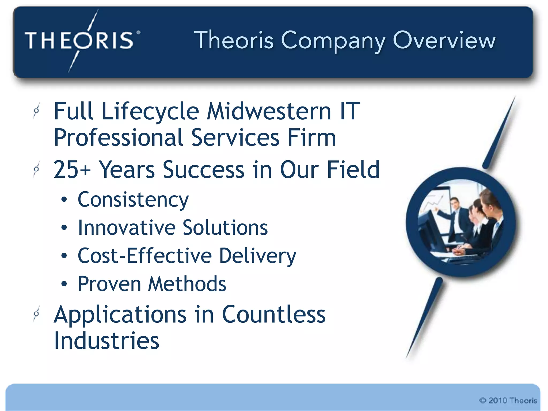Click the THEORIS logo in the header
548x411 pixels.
point(80,40)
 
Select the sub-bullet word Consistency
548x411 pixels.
point(133,200)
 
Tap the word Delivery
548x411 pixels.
point(258,256)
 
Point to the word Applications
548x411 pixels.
point(120,315)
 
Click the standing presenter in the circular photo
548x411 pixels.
point(455,217)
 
